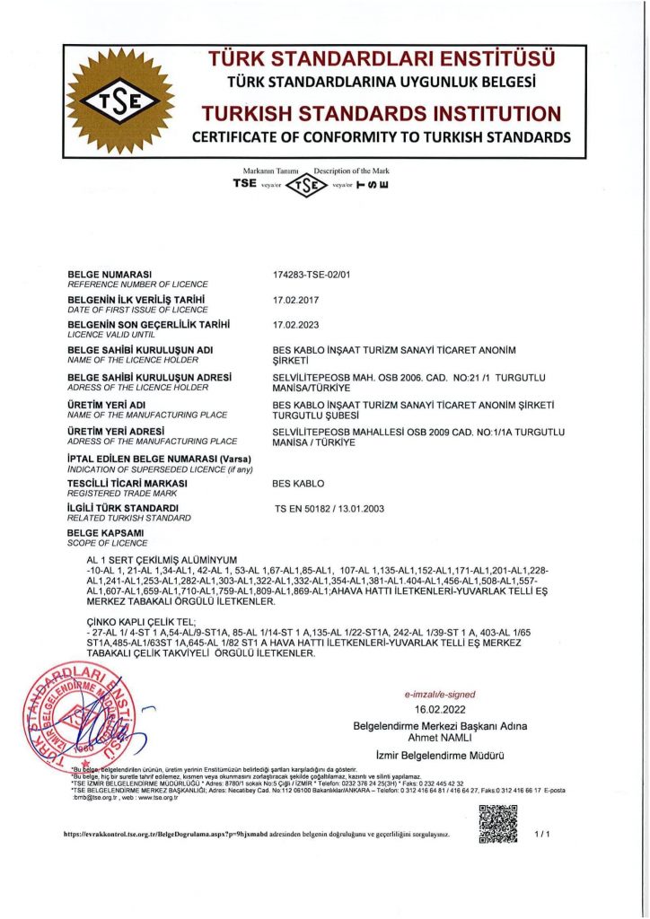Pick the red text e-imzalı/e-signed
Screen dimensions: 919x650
click(440, 695)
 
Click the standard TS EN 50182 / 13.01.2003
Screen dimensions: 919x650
click(329, 509)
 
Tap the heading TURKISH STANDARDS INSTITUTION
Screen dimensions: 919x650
click(382, 114)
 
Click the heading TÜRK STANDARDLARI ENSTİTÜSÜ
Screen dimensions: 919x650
click(382, 59)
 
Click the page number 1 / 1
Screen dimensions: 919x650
click(541, 834)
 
